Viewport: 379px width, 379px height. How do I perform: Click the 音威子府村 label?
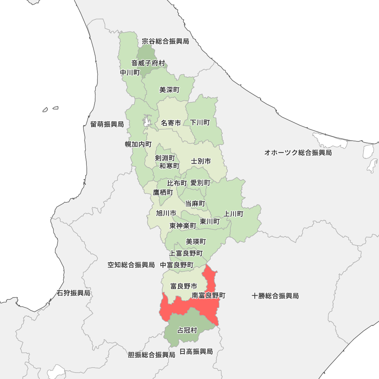click(x=148, y=63)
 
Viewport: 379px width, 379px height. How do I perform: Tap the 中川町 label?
click(x=130, y=72)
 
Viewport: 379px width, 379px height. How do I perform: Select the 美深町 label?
click(x=169, y=90)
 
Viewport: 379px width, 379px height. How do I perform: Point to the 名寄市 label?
click(x=171, y=123)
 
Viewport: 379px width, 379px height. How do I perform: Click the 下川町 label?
click(x=200, y=122)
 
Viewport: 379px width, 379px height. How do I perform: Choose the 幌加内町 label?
click(x=138, y=144)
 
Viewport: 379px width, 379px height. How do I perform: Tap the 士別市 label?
click(x=201, y=161)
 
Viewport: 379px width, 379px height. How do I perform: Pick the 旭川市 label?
click(x=166, y=213)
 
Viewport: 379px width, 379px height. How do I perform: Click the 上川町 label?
click(x=233, y=214)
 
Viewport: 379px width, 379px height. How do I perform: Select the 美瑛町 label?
click(x=196, y=241)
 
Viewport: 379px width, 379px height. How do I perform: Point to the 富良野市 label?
click(x=184, y=286)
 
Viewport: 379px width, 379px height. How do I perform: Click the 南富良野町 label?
click(x=209, y=295)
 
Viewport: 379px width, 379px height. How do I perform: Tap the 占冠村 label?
click(x=187, y=330)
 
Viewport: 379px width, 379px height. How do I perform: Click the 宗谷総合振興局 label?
click(x=165, y=41)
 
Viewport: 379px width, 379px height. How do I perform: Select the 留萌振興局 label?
click(x=107, y=124)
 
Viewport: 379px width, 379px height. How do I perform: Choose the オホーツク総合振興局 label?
click(x=298, y=153)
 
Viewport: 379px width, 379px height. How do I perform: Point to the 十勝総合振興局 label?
click(x=275, y=296)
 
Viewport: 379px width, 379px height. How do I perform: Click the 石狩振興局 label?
click(x=74, y=293)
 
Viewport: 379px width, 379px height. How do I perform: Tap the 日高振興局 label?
click(x=196, y=351)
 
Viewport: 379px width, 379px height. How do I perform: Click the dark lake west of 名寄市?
click(x=146, y=122)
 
